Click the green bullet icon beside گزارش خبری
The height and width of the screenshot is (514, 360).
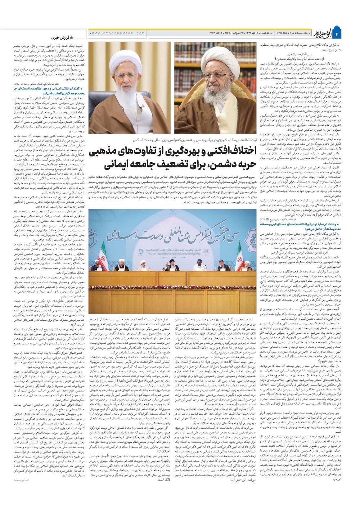(71, 37)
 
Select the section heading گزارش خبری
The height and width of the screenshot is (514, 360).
(58, 37)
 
